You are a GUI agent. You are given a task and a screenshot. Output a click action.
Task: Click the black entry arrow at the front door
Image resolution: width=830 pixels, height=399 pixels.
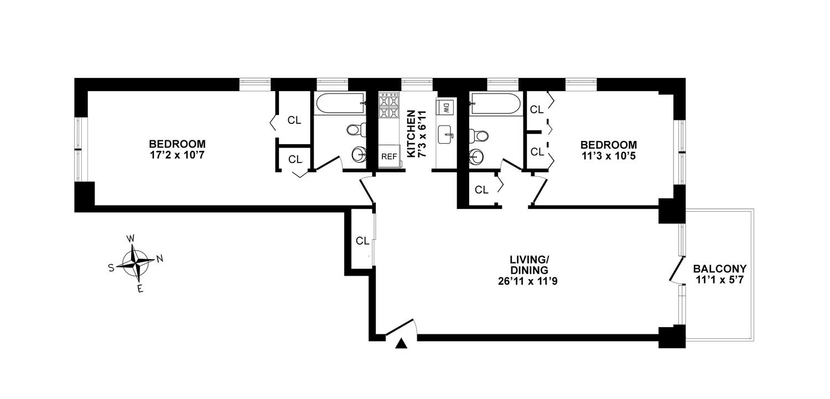[x=402, y=344]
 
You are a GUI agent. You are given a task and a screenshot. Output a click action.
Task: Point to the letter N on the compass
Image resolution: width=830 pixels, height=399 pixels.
[x=160, y=258]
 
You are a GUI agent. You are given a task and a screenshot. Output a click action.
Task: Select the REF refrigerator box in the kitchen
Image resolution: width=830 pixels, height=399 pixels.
[x=388, y=156]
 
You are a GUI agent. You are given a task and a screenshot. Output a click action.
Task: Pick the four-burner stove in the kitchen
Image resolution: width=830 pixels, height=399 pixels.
[x=388, y=106]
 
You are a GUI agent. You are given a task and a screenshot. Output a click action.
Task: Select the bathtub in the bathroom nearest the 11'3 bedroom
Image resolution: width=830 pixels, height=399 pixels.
[x=495, y=103]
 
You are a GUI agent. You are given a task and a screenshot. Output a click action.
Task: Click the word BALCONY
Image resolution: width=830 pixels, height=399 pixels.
[x=719, y=269]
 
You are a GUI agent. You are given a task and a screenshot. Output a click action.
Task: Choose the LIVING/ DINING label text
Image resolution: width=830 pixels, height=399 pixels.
[x=529, y=265]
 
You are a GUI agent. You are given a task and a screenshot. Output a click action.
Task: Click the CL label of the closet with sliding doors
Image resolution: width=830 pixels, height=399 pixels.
[x=362, y=241]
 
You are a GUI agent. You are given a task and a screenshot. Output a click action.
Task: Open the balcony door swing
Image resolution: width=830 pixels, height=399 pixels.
[x=676, y=271]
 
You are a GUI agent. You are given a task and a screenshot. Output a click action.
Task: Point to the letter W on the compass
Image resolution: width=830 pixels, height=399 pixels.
[x=131, y=239]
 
